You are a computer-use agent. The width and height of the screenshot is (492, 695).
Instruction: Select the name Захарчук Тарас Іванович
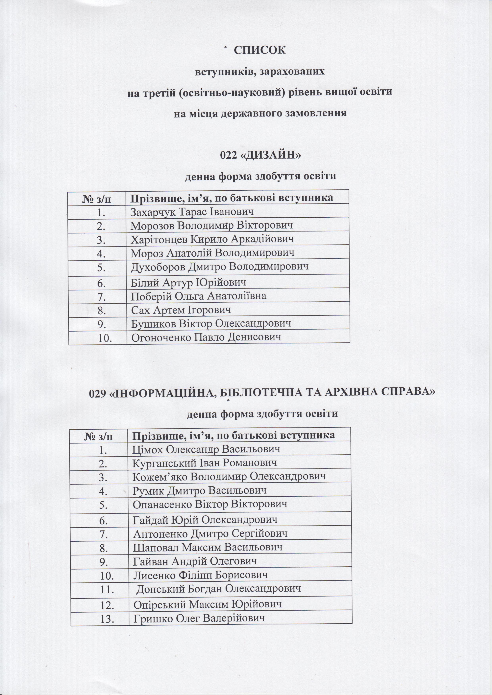point(191,212)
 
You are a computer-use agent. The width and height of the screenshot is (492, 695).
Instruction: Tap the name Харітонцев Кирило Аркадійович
point(212,239)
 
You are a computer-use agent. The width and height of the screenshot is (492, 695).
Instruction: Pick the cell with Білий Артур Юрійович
point(188,282)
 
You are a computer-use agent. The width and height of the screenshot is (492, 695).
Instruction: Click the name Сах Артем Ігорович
point(181,310)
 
